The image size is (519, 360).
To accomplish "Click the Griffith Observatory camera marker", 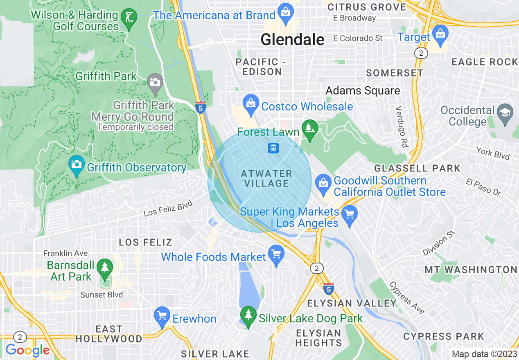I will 77,165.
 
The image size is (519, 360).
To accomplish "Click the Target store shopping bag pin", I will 440,34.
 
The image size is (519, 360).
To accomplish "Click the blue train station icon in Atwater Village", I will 273,148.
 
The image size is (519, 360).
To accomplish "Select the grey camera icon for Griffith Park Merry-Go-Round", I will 155,83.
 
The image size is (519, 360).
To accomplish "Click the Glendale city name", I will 292,40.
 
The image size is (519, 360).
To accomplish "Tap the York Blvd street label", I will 493,153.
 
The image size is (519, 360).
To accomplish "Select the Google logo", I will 27,351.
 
